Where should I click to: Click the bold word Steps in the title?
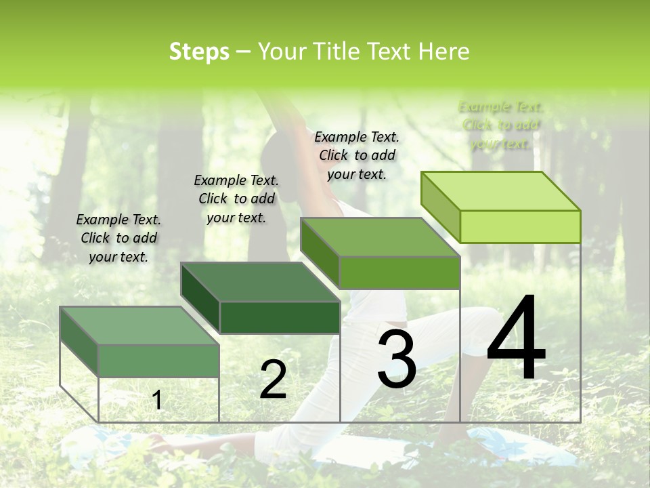tap(199, 52)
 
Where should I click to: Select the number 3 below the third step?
tap(396, 359)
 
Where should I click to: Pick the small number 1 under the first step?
tap(157, 401)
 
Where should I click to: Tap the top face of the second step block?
tap(260, 281)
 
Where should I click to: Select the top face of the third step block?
tap(380, 237)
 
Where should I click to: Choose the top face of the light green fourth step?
tap(500, 191)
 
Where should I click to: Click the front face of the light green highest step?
tap(520, 226)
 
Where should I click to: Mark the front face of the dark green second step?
tap(280, 317)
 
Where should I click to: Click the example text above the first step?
tap(118, 238)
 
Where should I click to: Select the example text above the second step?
tap(236, 199)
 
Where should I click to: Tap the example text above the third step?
tap(357, 155)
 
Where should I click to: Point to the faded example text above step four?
tap(501, 125)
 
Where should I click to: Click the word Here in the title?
tap(444, 52)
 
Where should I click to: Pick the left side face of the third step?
tap(320, 251)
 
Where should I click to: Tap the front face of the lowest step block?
tap(159, 360)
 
